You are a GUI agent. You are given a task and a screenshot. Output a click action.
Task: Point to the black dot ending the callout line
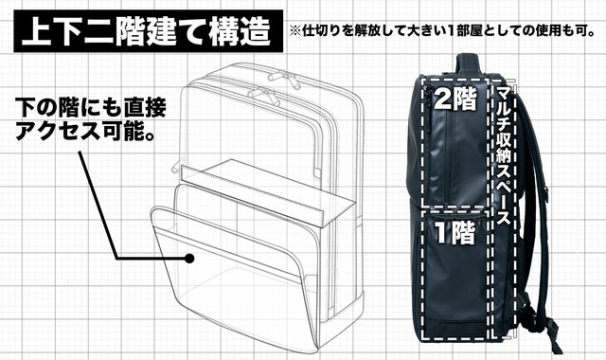point(191,258)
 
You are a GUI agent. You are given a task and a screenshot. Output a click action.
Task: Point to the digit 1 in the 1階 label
point(442,232)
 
